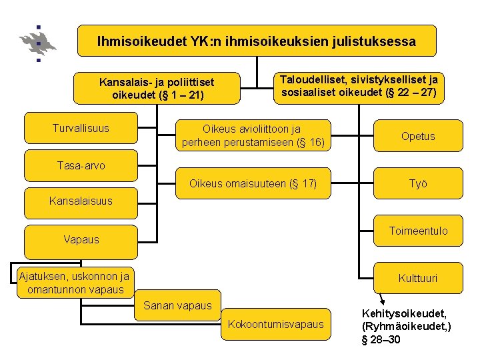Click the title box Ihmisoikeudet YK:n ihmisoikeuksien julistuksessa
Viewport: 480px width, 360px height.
(x=257, y=41)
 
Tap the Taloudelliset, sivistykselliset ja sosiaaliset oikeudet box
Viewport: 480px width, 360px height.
(x=359, y=87)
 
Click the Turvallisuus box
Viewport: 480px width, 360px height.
(x=81, y=128)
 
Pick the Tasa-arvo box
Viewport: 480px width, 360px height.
(x=81, y=165)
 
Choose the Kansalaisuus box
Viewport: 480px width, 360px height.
(x=81, y=201)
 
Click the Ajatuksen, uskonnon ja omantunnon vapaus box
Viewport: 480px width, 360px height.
(x=74, y=283)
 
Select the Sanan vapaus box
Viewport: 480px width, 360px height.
(x=177, y=306)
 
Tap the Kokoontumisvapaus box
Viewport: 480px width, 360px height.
(x=276, y=324)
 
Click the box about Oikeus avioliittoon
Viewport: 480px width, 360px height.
(x=253, y=135)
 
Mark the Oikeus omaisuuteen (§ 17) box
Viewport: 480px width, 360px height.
(x=253, y=183)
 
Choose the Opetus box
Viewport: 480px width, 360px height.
(x=418, y=136)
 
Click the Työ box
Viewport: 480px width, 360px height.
(x=418, y=183)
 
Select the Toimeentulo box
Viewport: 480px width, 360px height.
(x=418, y=231)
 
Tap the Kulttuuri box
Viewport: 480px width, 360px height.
(x=418, y=278)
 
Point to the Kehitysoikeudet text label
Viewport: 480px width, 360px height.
(x=404, y=313)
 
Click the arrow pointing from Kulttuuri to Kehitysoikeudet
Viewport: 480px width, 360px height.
(x=381, y=299)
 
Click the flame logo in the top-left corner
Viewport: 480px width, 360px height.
(x=38, y=43)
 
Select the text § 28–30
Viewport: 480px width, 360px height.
(x=381, y=340)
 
